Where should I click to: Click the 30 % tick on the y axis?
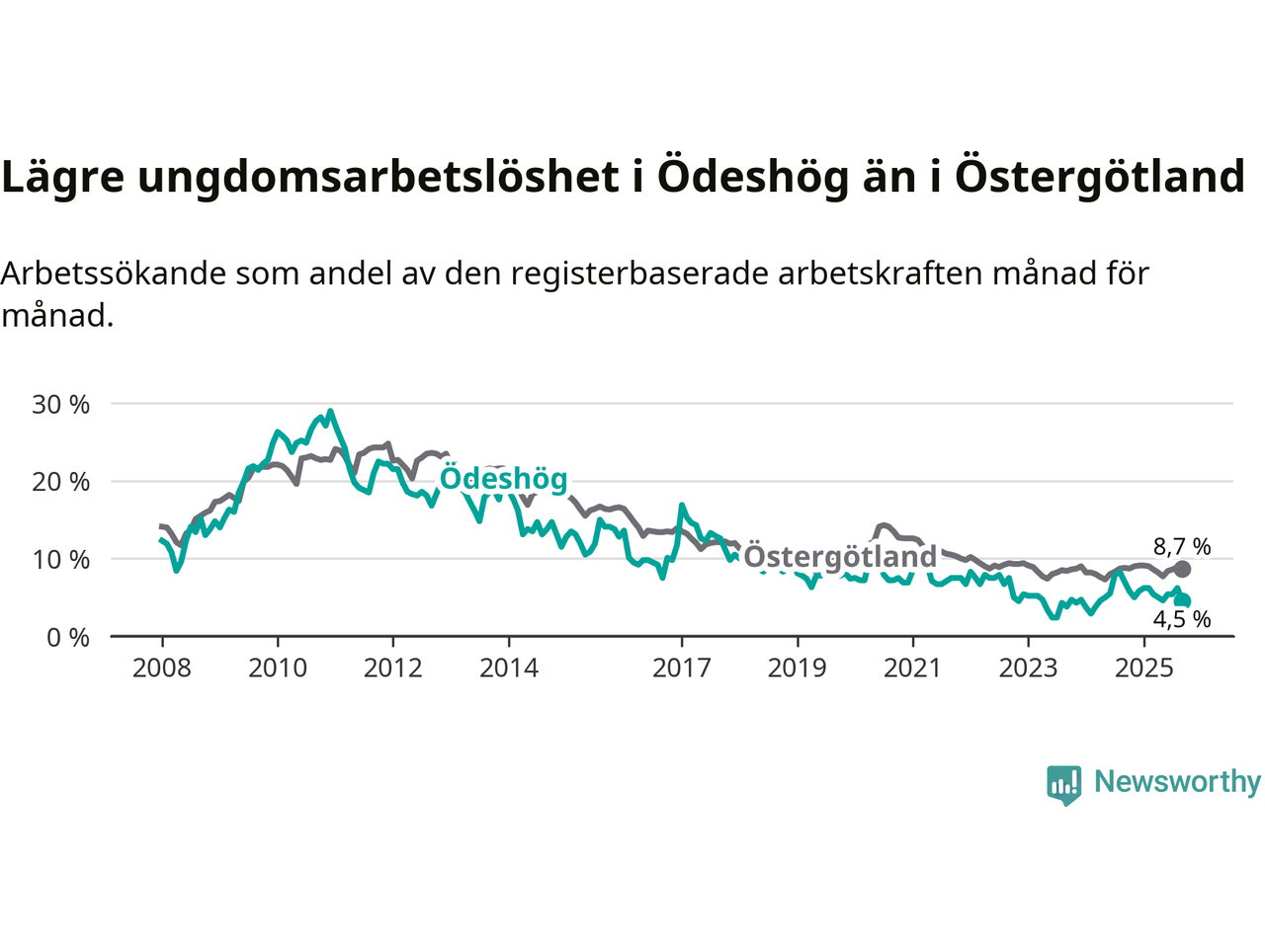point(61,404)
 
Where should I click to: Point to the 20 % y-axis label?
point(61,482)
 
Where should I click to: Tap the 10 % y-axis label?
point(61,560)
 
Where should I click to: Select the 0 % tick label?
point(68,638)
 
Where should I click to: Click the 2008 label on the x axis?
point(162,669)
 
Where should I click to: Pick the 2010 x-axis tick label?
point(278,669)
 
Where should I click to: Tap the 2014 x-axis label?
point(509,669)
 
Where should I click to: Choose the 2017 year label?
point(682,669)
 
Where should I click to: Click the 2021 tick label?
point(912,669)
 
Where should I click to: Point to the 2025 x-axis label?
point(1144,669)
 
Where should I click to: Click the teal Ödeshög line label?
point(503,479)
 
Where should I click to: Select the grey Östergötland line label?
point(840,557)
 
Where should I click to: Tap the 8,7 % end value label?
point(1182,546)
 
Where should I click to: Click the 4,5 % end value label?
point(1182,620)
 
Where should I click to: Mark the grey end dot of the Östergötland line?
point(1182,569)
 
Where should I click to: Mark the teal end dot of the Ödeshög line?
point(1183,600)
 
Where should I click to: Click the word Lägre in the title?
point(63,177)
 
